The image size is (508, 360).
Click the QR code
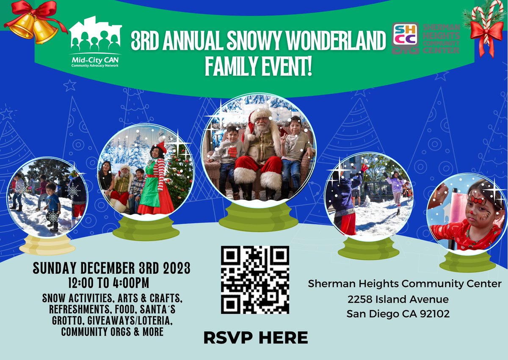[255, 280]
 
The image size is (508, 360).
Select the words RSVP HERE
[255, 338]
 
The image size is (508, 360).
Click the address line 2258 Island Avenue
[398, 300]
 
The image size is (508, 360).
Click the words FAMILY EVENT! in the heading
[258, 66]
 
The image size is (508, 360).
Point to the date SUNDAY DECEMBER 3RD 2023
[111, 268]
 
